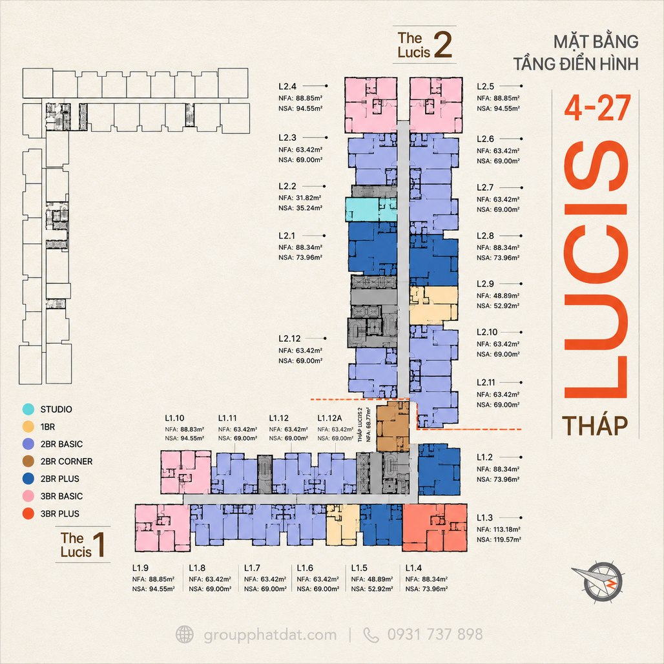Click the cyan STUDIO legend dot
(28, 409)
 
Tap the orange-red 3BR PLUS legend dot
(28, 514)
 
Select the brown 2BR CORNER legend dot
(28, 461)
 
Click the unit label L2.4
(287, 87)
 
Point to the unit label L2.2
(287, 186)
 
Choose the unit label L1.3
(485, 517)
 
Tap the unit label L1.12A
(329, 418)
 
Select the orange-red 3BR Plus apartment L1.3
(435, 528)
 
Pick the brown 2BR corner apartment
(393, 427)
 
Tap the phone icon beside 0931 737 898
(371, 635)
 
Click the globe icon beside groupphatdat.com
(185, 635)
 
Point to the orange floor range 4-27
(597, 108)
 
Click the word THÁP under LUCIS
(595, 426)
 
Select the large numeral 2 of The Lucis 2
(443, 45)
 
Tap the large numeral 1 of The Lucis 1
(99, 544)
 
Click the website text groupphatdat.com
(270, 635)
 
